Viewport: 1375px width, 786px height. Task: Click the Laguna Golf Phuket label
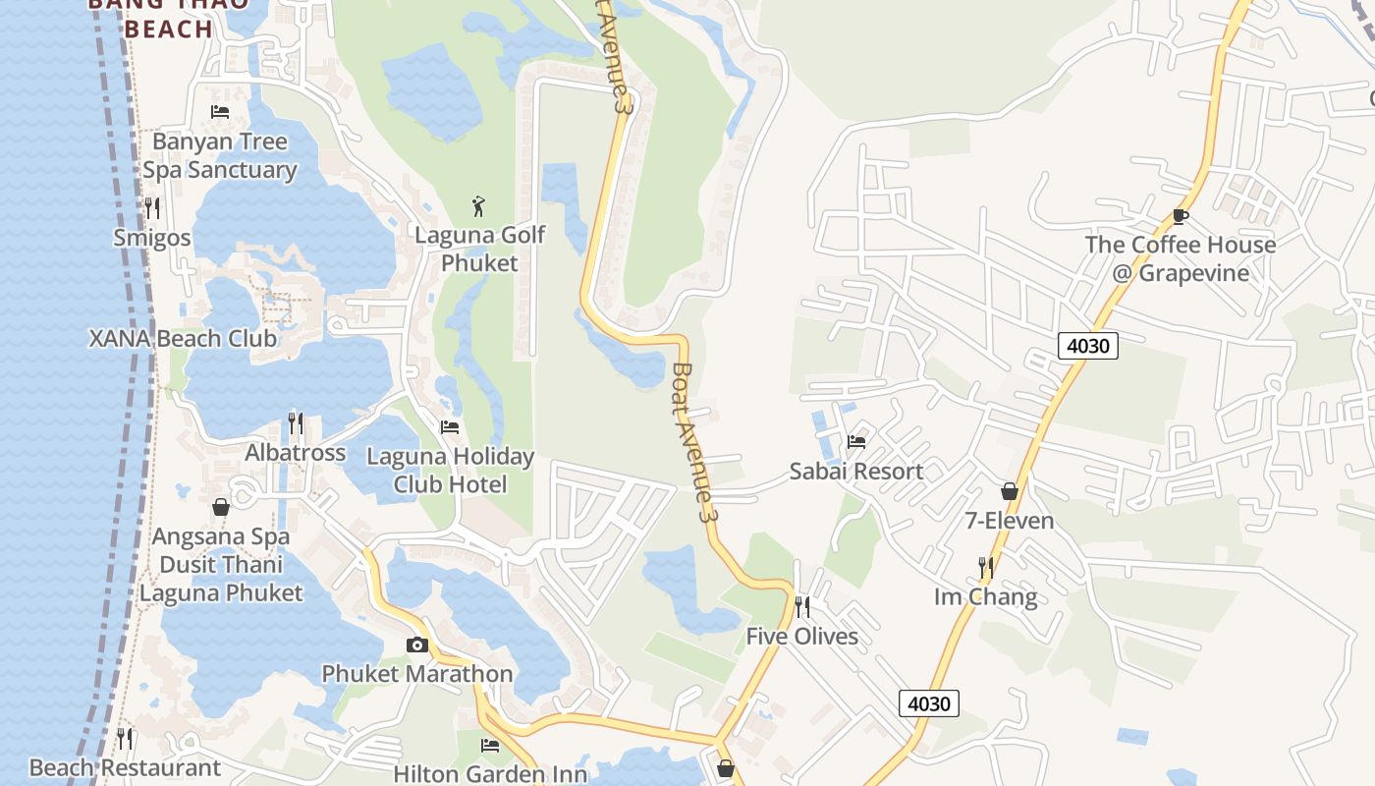[479, 249]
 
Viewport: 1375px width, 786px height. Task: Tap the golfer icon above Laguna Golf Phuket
[478, 206]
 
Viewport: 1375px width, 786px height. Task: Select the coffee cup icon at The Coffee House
[1181, 216]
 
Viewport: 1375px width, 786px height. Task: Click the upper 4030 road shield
[1088, 346]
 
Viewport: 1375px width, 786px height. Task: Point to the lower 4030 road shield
[928, 703]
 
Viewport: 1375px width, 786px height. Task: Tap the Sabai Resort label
[856, 472]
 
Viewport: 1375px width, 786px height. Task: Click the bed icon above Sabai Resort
[856, 442]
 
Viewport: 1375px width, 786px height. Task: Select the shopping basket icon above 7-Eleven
[1009, 491]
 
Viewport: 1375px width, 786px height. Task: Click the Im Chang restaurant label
[985, 596]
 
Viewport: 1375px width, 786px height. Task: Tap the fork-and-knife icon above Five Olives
[802, 607]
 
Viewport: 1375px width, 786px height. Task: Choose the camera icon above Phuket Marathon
[417, 646]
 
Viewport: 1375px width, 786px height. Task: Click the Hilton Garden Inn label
[490, 773]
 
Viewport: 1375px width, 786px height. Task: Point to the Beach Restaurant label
[125, 767]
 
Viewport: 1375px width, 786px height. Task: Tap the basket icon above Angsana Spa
[221, 507]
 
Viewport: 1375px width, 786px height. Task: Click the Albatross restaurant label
[295, 453]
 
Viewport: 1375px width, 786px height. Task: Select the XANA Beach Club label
[183, 339]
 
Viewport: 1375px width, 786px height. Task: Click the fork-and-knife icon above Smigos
[152, 208]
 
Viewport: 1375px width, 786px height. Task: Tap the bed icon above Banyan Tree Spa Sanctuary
[220, 112]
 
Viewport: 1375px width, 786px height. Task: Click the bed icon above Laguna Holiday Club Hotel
[450, 427]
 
